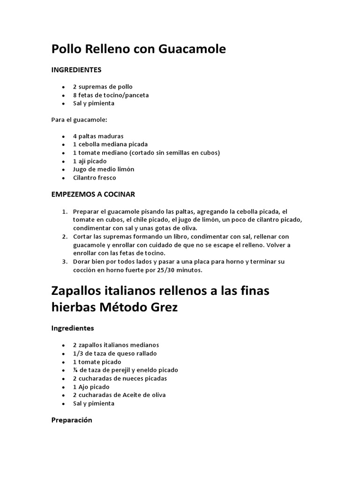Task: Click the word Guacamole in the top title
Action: [193, 49]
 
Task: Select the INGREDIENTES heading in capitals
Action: [76, 70]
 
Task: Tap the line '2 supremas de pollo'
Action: [102, 87]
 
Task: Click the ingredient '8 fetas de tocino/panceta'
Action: [111, 95]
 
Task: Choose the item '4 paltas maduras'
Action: [98, 136]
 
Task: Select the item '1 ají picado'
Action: [90, 161]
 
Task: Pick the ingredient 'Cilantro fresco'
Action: [94, 178]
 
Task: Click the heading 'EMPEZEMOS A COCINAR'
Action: [93, 194]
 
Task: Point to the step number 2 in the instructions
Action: [64, 237]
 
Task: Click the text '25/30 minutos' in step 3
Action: [182, 270]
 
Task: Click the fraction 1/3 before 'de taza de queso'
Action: [77, 353]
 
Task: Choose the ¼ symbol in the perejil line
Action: [75, 370]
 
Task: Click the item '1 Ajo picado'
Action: [91, 387]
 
